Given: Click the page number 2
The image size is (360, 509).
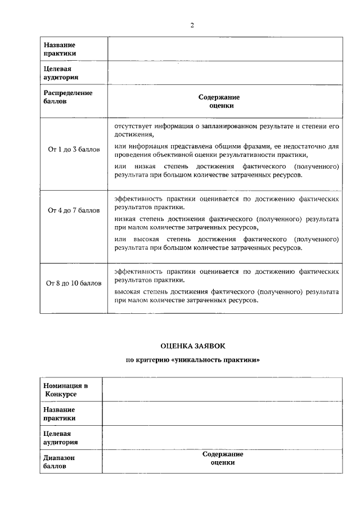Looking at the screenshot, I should [192, 25].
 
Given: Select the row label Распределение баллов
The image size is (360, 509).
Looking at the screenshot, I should [67, 97].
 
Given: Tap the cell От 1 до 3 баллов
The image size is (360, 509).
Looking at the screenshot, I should [74, 150].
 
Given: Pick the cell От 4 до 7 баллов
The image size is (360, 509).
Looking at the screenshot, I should [74, 210].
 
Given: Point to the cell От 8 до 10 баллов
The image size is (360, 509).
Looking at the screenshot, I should [74, 283].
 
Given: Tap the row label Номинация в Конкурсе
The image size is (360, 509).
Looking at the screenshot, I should [65, 390].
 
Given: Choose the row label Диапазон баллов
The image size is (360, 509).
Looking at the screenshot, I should [59, 462].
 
